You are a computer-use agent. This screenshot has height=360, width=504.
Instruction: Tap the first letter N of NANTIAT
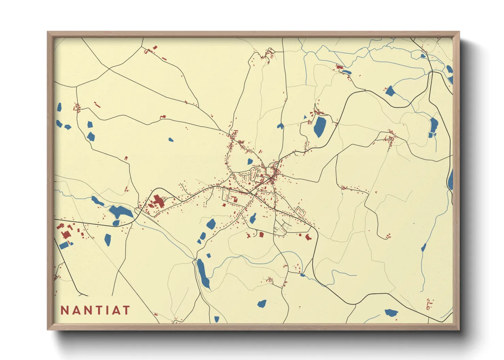point(65,310)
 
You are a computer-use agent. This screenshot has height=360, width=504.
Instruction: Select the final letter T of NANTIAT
point(126,310)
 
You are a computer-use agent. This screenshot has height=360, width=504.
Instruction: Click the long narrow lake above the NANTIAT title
point(203,274)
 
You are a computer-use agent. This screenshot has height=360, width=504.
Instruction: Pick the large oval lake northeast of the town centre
point(319,126)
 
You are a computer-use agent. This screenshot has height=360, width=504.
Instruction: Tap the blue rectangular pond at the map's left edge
point(64,245)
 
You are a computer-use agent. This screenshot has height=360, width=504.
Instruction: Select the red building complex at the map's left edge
point(65,234)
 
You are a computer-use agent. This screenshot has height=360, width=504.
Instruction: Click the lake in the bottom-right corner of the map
point(391,312)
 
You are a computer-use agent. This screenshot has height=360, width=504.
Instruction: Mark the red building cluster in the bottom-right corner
point(429,304)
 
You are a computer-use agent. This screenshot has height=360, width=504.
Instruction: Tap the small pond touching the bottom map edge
point(217,319)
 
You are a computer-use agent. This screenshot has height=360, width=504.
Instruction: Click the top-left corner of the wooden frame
point(48,33)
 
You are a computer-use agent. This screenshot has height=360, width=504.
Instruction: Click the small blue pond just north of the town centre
point(250,162)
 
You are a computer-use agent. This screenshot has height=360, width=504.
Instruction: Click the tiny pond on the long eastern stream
point(424,247)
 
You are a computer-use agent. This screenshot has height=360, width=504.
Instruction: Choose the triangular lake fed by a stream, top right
point(390,91)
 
